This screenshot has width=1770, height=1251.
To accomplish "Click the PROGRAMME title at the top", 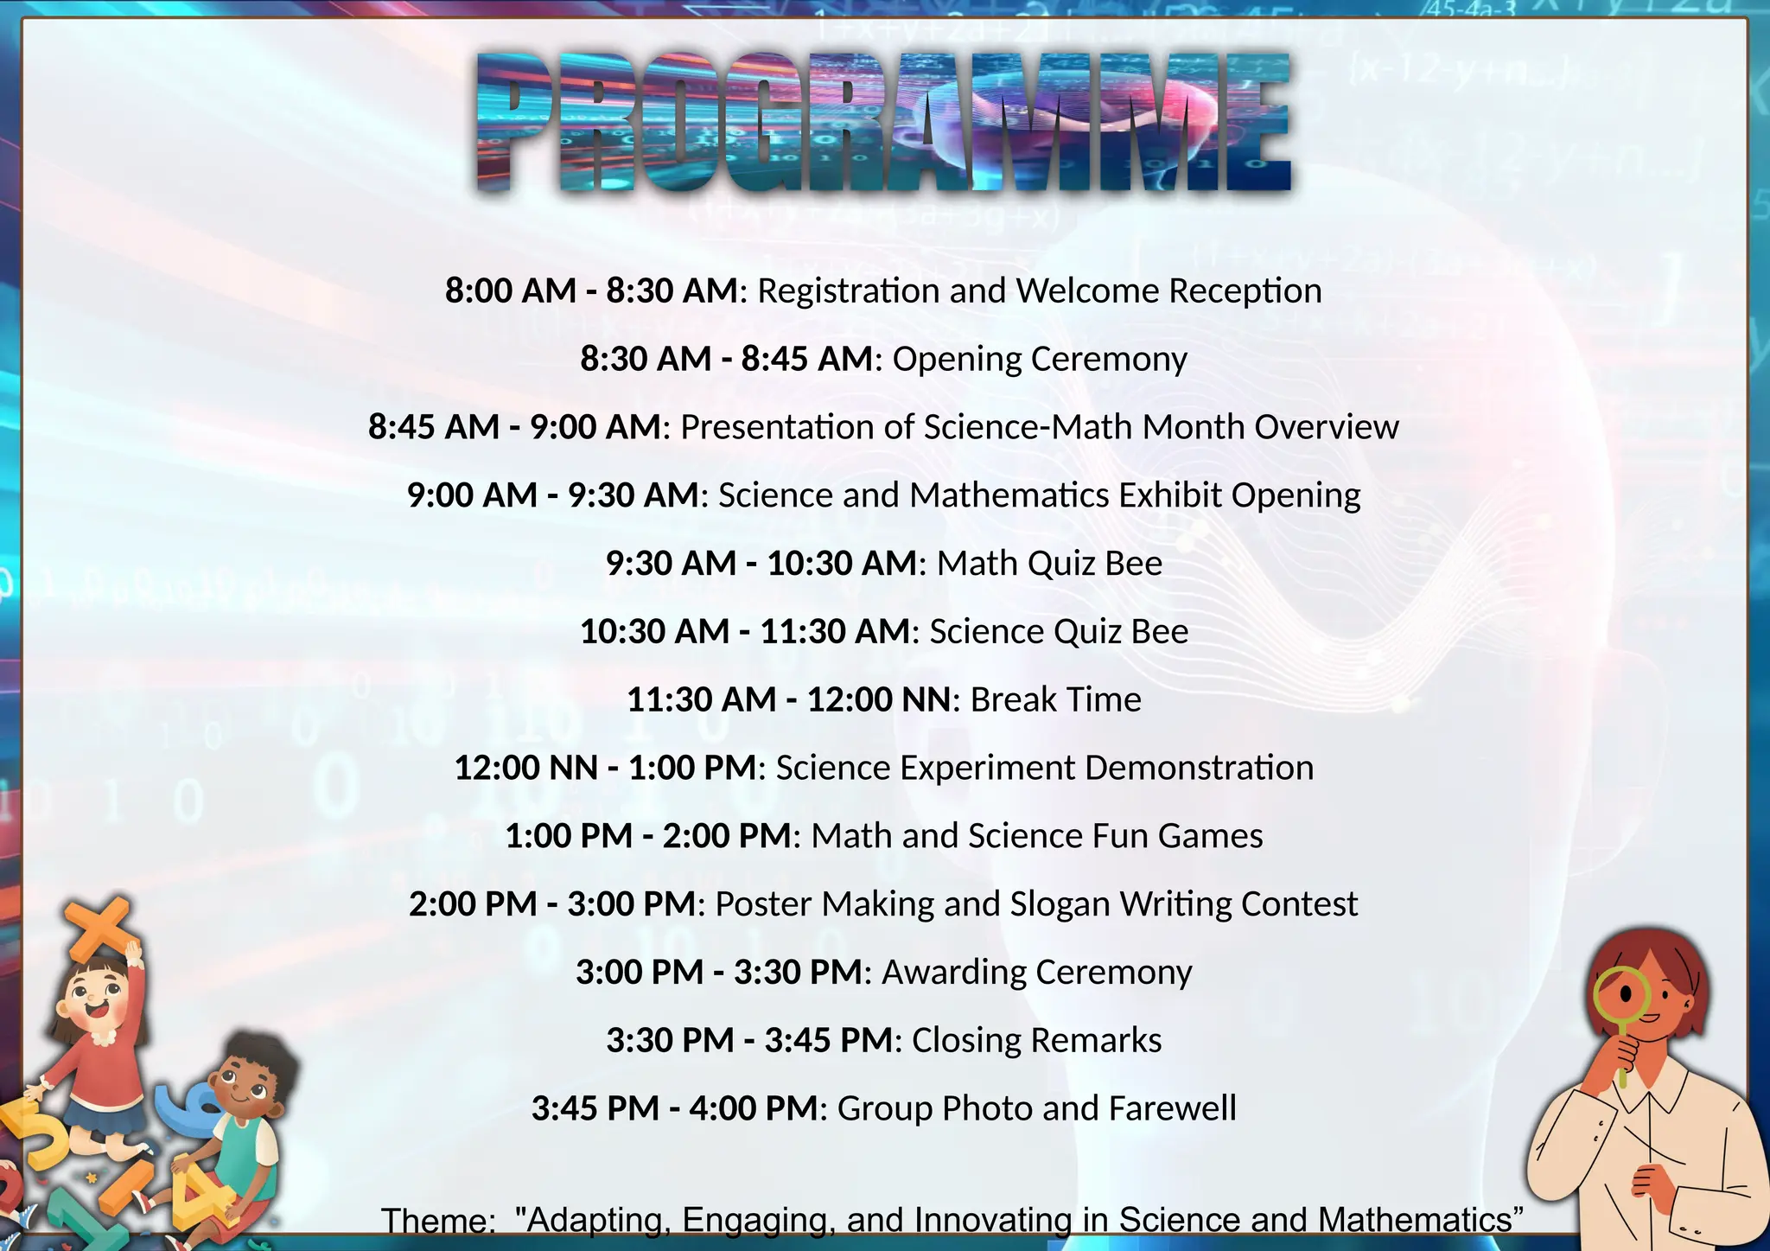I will (883, 121).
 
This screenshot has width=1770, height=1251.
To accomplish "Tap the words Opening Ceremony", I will (1040, 359).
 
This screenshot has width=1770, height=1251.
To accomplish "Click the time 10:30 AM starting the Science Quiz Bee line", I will (655, 632).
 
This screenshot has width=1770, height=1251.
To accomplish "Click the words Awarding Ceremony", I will (1036, 973).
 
